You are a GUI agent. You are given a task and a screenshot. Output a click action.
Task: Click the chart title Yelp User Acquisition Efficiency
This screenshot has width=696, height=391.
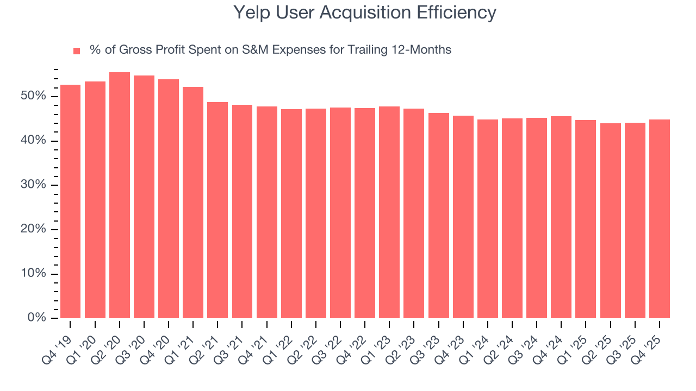coord(364,12)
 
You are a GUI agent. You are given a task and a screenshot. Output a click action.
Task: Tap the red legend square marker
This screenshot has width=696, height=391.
coord(77,51)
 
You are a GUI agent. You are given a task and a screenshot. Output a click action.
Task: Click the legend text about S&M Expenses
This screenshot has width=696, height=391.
coord(270,50)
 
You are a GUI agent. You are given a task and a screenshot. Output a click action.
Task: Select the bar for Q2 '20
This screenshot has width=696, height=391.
coord(120,195)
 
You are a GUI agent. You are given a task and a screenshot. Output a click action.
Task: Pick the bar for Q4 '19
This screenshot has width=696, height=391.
coord(70,201)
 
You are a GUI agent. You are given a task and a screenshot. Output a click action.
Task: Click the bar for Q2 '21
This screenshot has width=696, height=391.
coord(217,210)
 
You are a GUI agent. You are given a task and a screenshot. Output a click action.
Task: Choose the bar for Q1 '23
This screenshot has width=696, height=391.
coord(389,212)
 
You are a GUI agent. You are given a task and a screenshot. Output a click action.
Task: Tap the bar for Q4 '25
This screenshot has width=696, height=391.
coord(660,219)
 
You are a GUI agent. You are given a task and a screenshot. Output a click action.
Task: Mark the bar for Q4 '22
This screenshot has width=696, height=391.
coord(365,213)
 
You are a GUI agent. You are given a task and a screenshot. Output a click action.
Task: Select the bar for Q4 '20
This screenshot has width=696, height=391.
coord(169,199)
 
